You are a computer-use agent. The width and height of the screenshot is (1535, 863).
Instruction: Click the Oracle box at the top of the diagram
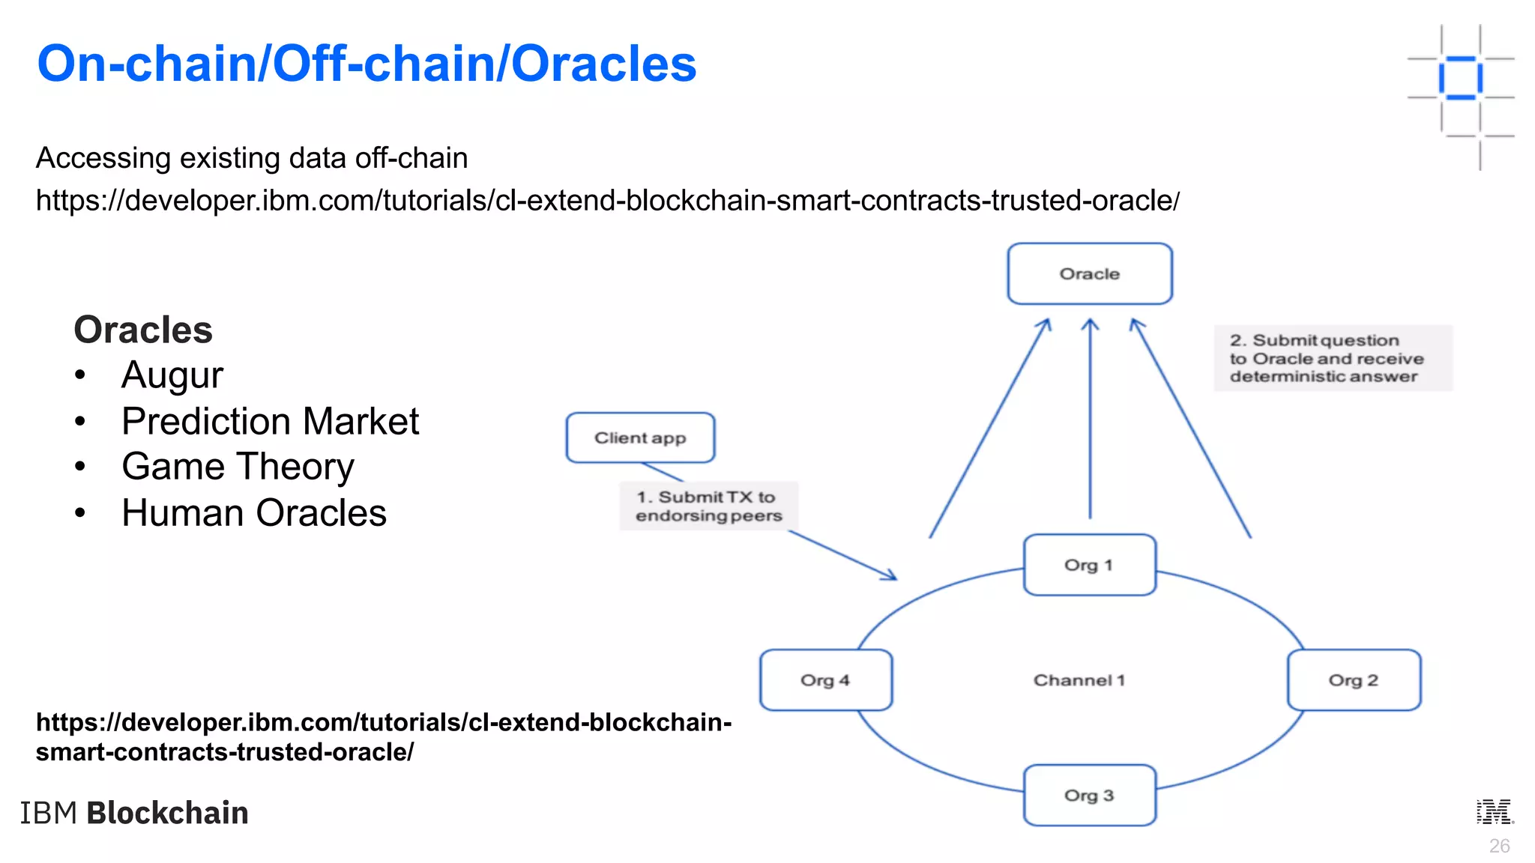pyautogui.click(x=1089, y=273)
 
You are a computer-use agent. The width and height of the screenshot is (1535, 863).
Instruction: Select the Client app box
pyautogui.click(x=640, y=437)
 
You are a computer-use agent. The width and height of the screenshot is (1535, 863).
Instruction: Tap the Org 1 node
pyautogui.click(x=1089, y=565)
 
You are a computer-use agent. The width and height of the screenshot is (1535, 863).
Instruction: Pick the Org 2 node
pyautogui.click(x=1354, y=680)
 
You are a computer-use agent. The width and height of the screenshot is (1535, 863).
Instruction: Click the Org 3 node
pyautogui.click(x=1089, y=796)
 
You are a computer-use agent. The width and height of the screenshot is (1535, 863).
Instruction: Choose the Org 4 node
pyautogui.click(x=825, y=680)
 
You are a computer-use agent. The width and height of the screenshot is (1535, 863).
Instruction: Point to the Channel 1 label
pyautogui.click(x=1079, y=680)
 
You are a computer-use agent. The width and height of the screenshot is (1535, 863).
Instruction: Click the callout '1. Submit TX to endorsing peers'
pyautogui.click(x=708, y=506)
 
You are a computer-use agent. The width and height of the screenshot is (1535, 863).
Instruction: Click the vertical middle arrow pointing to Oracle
pyautogui.click(x=1090, y=420)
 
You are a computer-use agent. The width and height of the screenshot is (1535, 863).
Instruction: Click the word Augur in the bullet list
pyautogui.click(x=172, y=375)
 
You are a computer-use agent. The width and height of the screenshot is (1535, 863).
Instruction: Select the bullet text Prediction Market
pyautogui.click(x=270, y=421)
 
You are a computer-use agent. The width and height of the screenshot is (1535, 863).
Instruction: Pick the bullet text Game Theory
pyautogui.click(x=238, y=467)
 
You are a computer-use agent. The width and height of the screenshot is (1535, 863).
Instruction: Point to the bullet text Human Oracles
pyautogui.click(x=254, y=513)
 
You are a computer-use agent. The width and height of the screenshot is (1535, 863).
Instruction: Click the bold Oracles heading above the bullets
pyautogui.click(x=143, y=330)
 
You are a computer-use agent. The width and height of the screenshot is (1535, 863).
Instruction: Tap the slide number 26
pyautogui.click(x=1499, y=846)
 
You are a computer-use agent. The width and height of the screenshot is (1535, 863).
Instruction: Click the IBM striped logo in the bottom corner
pyautogui.click(x=1495, y=812)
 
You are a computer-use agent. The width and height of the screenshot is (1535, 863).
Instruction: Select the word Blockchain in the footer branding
pyautogui.click(x=167, y=813)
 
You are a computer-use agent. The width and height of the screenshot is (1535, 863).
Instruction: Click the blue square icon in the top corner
pyautogui.click(x=1460, y=77)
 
